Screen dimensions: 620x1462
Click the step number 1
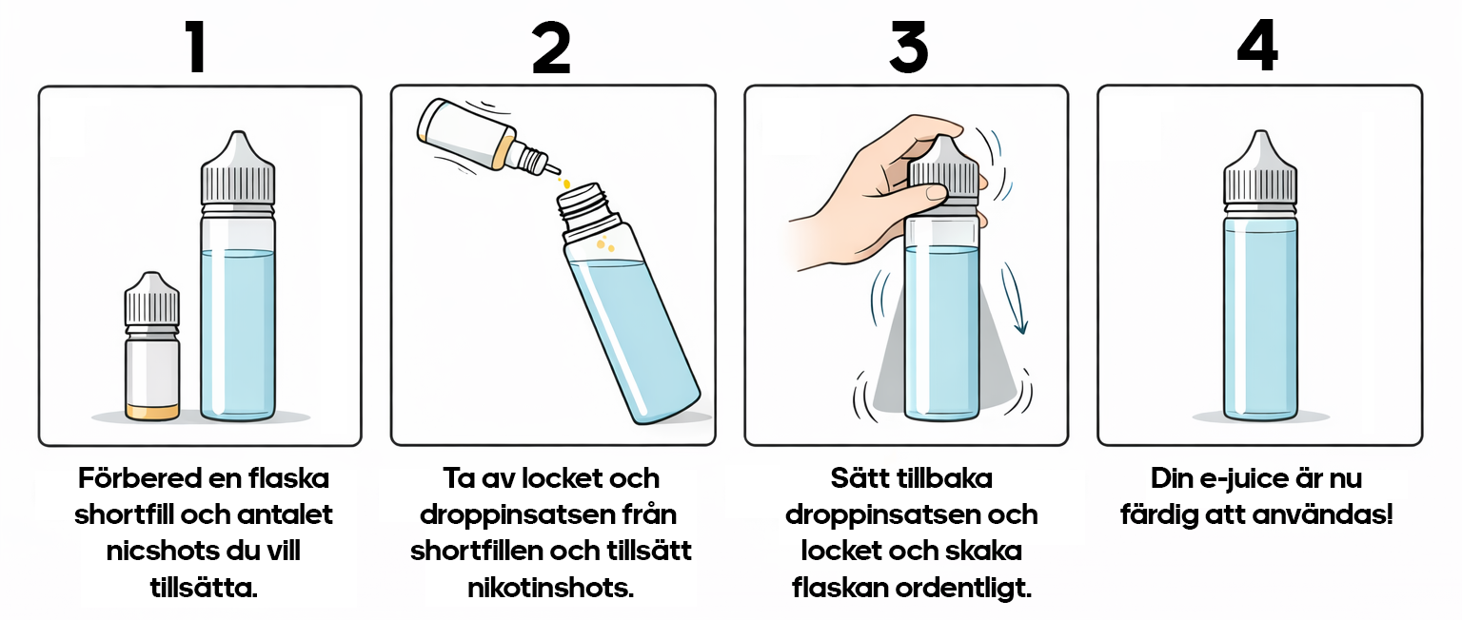click(196, 48)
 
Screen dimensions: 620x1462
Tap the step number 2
click(551, 48)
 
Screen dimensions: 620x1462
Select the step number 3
click(907, 48)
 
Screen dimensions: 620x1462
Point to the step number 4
click(1257, 48)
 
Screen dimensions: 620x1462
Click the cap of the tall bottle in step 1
click(238, 171)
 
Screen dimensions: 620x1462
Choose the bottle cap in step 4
click(1260, 171)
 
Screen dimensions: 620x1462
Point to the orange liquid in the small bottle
click(152, 412)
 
